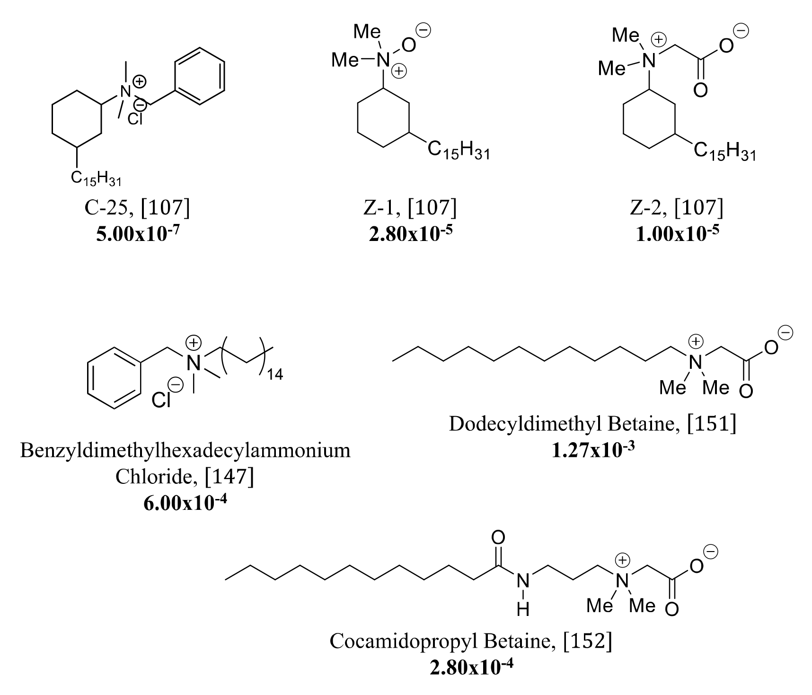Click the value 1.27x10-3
click(592, 450)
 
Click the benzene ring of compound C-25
click(199, 76)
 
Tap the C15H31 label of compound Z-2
click(724, 151)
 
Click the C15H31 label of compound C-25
click(97, 178)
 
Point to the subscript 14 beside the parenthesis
click(275, 375)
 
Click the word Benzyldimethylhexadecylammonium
click(185, 450)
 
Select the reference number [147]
click(229, 477)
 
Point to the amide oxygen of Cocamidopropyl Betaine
click(498, 537)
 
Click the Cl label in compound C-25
click(135, 119)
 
